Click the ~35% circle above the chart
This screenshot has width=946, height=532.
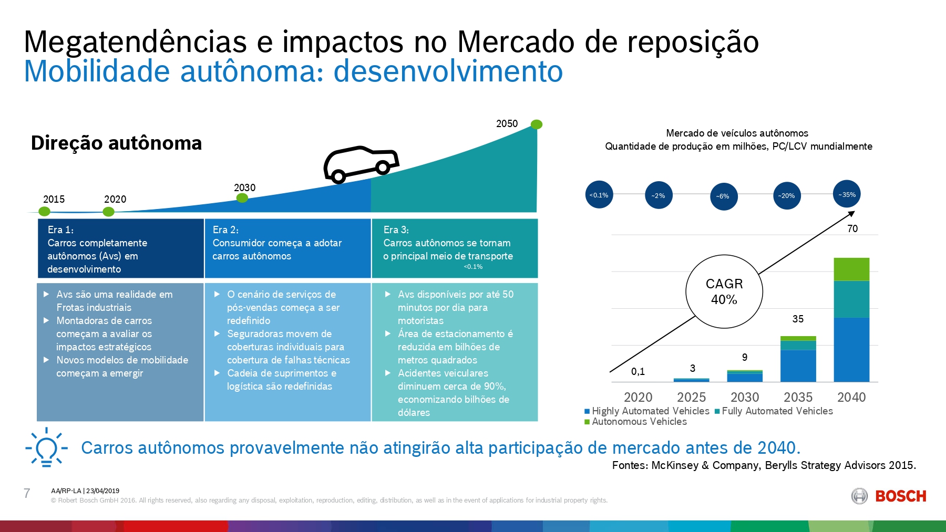847,194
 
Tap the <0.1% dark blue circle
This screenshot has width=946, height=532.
599,195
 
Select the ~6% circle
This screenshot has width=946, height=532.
723,196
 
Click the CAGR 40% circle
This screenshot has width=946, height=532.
724,291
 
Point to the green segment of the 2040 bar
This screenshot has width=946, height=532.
851,269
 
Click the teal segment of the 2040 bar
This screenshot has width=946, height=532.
851,299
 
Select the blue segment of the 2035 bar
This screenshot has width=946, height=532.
798,366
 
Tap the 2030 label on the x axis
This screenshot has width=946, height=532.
745,397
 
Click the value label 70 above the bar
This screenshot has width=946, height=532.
852,228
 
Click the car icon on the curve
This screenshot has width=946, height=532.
361,164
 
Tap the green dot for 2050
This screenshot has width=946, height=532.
536,124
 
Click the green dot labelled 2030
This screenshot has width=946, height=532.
242,198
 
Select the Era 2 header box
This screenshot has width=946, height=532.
287,248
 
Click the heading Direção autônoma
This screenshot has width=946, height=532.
116,143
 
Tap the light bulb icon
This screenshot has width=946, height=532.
46,448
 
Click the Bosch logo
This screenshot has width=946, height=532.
888,496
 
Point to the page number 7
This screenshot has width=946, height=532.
27,493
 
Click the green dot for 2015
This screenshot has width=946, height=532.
45,211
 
